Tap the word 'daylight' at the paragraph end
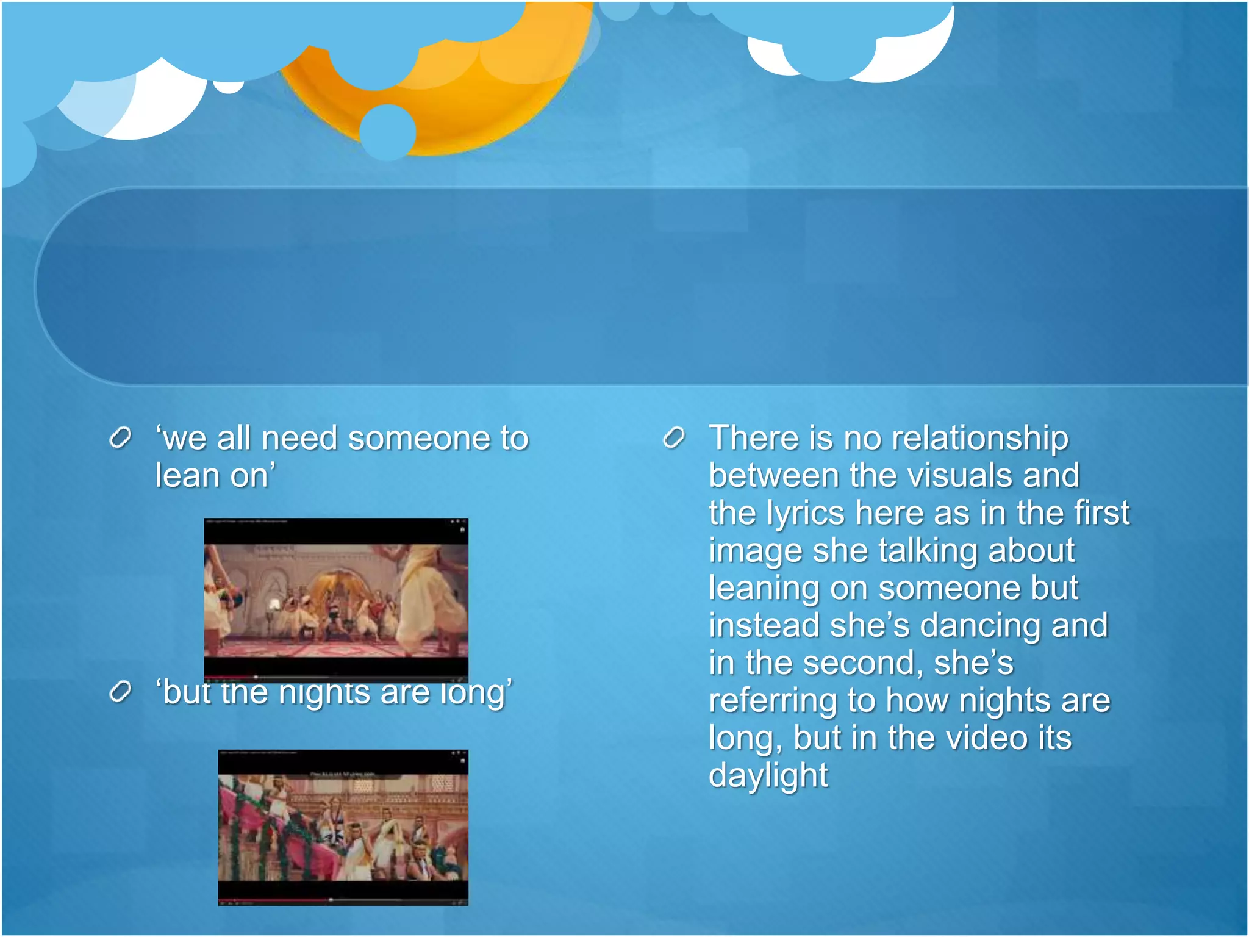pos(768,776)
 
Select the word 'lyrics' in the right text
pos(805,513)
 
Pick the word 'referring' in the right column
pos(772,701)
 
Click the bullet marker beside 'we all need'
pos(120,438)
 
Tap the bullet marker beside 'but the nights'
pos(120,692)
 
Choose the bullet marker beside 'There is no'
pos(674,438)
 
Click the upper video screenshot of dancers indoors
pos(336,599)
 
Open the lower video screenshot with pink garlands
pos(343,827)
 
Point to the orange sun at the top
pos(463,92)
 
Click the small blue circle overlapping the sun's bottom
pos(388,132)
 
